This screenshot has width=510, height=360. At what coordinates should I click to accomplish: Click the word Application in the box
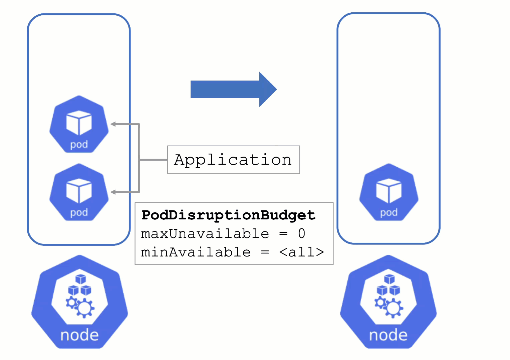click(x=233, y=160)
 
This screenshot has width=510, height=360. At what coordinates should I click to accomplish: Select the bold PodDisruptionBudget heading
click(x=228, y=215)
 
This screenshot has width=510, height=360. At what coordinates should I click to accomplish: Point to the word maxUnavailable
click(x=205, y=233)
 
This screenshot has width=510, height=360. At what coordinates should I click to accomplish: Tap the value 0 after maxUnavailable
click(x=301, y=233)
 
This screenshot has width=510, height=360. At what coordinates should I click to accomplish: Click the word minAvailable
click(x=196, y=252)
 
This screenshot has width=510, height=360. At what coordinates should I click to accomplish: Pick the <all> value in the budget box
click(x=301, y=252)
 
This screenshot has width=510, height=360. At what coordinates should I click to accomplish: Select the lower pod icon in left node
click(x=79, y=192)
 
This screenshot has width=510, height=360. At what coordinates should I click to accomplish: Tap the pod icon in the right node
click(x=389, y=192)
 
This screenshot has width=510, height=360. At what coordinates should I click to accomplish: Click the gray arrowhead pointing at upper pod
click(x=113, y=124)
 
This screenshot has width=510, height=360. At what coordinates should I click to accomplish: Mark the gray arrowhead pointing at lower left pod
click(x=113, y=192)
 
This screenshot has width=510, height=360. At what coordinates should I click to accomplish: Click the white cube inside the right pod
click(x=389, y=190)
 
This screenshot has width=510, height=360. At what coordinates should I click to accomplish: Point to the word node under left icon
click(x=79, y=335)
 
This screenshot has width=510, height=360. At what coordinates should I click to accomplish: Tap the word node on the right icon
click(x=388, y=335)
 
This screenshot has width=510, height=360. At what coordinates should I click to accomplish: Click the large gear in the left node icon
click(x=84, y=308)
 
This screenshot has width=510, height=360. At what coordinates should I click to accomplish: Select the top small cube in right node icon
click(x=389, y=279)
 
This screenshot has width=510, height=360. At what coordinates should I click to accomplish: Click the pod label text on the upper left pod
click(x=79, y=145)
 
